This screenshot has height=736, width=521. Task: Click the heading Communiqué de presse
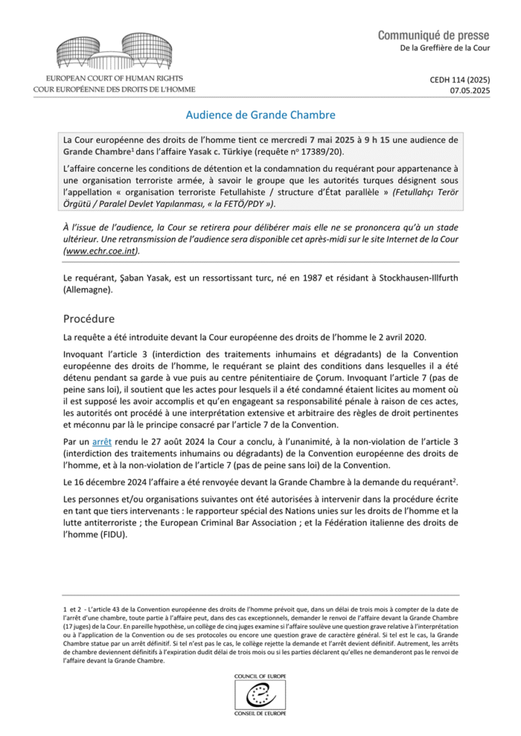(x=433, y=35)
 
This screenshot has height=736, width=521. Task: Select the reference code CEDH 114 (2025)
(x=456, y=80)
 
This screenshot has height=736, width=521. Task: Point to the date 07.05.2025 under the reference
(x=469, y=92)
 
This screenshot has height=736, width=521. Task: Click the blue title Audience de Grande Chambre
(x=260, y=114)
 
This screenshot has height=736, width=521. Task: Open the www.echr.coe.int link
(x=99, y=252)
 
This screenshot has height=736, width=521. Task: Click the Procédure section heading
(x=95, y=318)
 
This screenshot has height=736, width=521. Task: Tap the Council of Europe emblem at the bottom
(x=260, y=693)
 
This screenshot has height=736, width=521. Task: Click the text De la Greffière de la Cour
(x=445, y=48)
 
